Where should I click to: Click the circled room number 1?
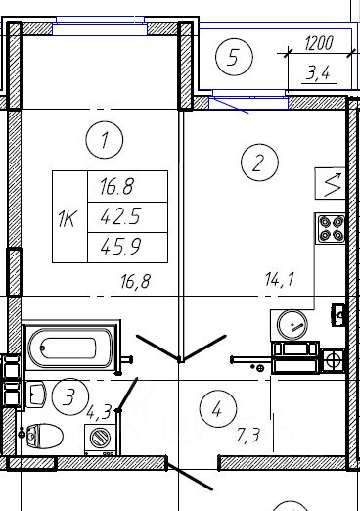click(x=105, y=140)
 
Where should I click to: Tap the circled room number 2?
click(x=259, y=163)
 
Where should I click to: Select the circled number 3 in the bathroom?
click(x=69, y=396)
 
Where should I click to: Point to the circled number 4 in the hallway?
click(x=218, y=408)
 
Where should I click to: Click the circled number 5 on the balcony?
click(x=234, y=57)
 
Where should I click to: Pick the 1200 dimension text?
click(x=319, y=43)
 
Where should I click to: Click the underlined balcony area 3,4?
click(x=318, y=73)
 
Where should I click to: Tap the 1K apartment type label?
click(x=67, y=218)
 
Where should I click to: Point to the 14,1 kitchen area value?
click(x=280, y=280)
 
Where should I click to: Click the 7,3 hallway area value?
click(x=248, y=435)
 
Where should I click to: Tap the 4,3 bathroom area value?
click(x=98, y=412)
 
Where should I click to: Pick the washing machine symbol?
click(x=101, y=440)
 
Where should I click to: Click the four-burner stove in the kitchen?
click(x=330, y=228)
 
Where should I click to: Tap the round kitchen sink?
click(x=292, y=325)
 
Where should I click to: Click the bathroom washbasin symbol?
click(x=36, y=394)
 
